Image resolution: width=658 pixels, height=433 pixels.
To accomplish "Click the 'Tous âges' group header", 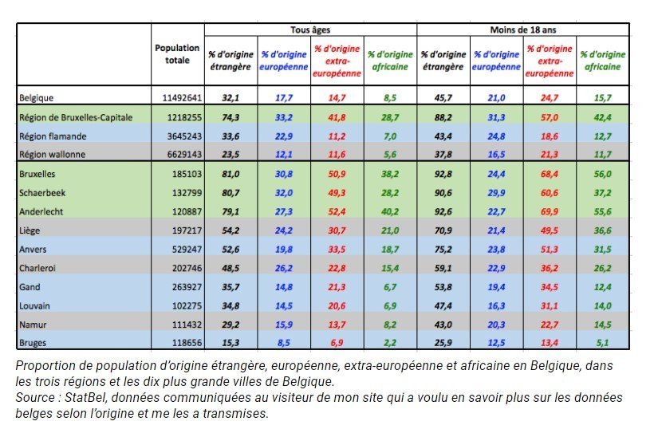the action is click(x=310, y=30).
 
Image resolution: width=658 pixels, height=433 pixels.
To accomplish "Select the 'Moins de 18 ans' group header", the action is click(x=523, y=30).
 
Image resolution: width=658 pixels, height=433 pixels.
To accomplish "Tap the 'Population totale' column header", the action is click(x=177, y=54).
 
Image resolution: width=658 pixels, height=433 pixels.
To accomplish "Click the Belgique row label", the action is click(x=36, y=98).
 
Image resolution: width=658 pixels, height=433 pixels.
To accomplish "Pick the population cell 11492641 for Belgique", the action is click(x=182, y=98).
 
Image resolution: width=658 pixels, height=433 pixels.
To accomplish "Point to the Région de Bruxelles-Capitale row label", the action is click(x=76, y=117).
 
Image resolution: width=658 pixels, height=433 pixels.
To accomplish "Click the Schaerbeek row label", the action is click(x=42, y=193).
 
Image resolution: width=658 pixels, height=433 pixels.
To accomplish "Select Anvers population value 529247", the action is click(x=187, y=250).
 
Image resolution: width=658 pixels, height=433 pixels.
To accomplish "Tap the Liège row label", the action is click(x=30, y=230).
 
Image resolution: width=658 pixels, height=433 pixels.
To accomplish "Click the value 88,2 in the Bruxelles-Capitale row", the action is click(x=443, y=117).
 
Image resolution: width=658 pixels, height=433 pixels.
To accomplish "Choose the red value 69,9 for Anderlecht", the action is click(x=550, y=212).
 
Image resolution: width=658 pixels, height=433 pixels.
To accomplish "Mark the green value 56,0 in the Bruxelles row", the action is click(x=603, y=174).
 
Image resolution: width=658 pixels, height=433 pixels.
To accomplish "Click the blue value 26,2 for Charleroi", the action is click(x=284, y=268).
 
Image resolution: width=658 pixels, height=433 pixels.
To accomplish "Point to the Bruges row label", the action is click(x=33, y=343).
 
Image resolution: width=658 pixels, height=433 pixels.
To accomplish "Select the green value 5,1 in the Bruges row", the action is click(x=603, y=343).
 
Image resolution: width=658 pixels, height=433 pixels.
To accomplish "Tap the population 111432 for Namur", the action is click(x=187, y=325).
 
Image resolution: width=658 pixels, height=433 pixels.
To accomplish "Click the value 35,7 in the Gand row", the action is click(x=230, y=287).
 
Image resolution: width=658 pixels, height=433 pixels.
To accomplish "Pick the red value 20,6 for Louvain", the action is click(x=337, y=306).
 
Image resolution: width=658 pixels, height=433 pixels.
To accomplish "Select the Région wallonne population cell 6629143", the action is click(x=185, y=155).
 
